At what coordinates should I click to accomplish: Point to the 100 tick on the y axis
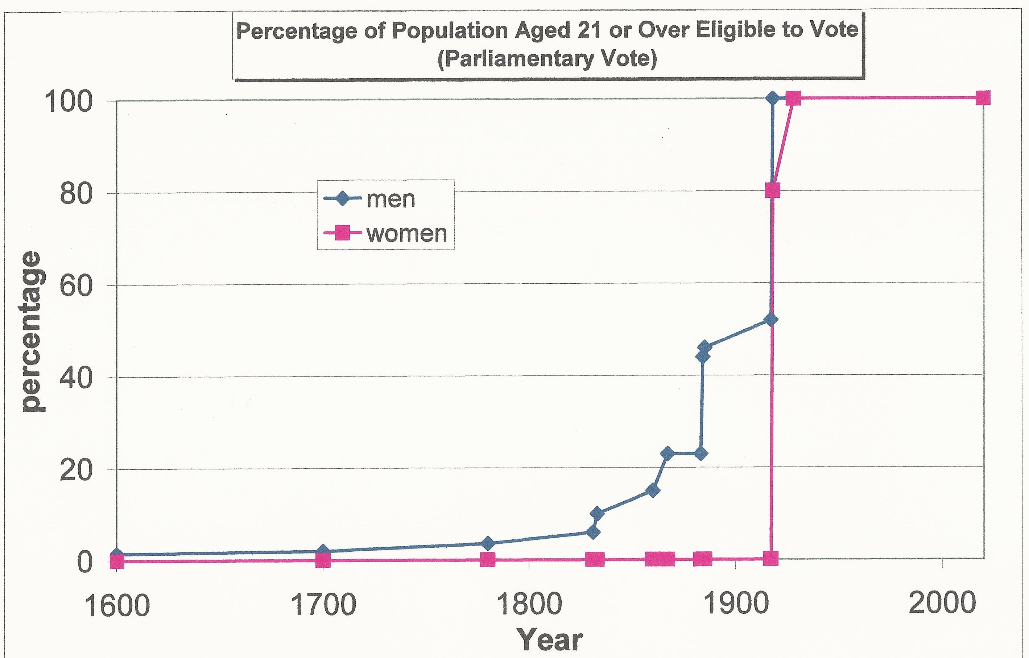(x=69, y=103)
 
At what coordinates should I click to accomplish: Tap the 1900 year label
(x=735, y=605)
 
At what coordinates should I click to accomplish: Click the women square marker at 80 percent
(x=772, y=190)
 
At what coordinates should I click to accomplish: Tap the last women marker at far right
(x=983, y=98)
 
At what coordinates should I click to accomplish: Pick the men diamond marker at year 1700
(x=323, y=551)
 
